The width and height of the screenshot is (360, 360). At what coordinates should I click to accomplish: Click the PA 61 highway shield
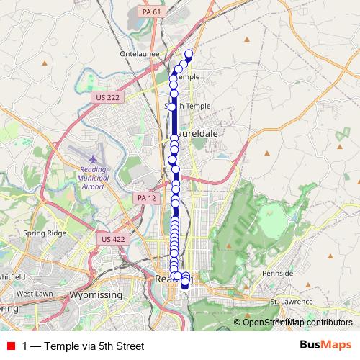point(148,11)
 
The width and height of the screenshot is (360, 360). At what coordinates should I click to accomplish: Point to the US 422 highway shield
point(109,238)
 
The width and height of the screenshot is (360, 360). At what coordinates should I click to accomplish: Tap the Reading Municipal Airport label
point(94,175)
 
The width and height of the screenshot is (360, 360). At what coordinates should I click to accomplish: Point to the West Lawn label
point(34,294)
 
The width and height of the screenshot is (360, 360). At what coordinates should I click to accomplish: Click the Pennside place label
point(278,274)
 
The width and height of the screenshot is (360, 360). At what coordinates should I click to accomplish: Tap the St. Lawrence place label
point(292,301)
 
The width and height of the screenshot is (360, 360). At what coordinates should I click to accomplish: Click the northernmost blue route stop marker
point(189,54)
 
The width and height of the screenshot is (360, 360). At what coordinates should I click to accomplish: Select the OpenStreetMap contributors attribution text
point(297,322)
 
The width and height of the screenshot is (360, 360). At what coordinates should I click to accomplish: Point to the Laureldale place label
point(194,134)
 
